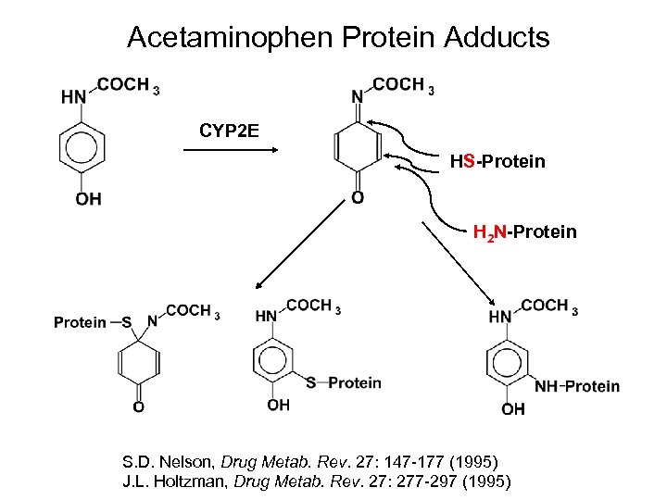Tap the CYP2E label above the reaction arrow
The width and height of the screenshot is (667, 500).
point(229,130)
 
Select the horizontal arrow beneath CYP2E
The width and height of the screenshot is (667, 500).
point(232,153)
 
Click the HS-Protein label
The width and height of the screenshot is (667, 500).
point(497,162)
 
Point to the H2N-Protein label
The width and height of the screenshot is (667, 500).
point(524,231)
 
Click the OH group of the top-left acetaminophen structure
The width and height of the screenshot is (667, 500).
point(88,199)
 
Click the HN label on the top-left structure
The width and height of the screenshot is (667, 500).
point(73,96)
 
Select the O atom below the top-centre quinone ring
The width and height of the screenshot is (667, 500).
point(358,198)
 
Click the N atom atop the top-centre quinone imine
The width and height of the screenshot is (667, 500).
point(357,96)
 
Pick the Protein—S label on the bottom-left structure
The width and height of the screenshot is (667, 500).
point(93,322)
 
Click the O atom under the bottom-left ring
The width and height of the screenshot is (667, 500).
point(138,406)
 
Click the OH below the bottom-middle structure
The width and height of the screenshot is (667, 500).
point(278,405)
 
